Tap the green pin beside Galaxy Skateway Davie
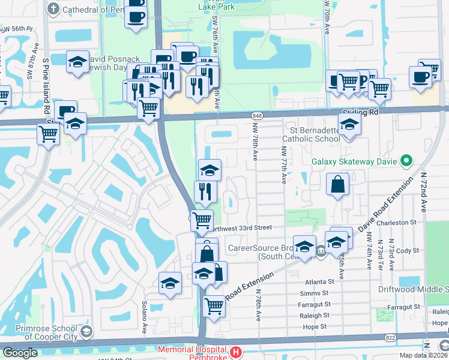tap(407, 161)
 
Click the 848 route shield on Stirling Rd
tap(257, 115)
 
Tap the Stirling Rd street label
tap(360, 112)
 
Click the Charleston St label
tap(400, 222)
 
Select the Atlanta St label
tap(318, 281)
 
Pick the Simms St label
tap(316, 293)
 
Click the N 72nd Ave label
tap(423, 192)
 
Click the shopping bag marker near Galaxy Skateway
tap(338, 185)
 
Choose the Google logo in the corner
tap(19, 352)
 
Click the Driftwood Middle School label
tap(413, 289)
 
